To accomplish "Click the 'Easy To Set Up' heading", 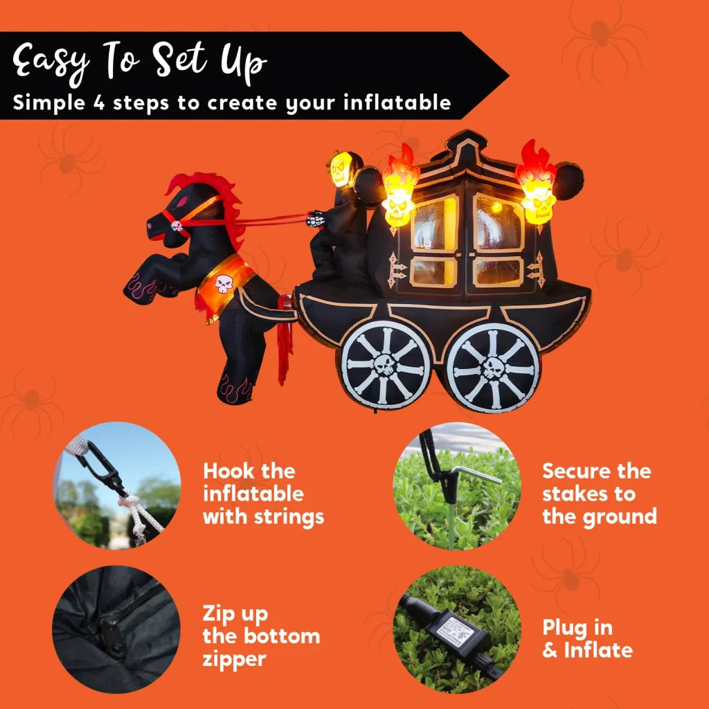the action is pos(139,62).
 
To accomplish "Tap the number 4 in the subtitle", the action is pos(99,103).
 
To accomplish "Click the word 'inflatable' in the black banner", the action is pos(397,102).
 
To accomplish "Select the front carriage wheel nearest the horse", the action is pos(385,364).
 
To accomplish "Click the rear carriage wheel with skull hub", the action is pos(493,368).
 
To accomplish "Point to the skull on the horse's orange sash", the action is pos(224,283).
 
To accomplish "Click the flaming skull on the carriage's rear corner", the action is pos(537,184).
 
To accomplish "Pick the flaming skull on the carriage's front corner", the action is pos(400,187).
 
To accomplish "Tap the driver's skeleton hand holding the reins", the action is pos(316,219).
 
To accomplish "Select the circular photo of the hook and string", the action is pos(117,485).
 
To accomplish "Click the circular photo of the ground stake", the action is pos(457,485).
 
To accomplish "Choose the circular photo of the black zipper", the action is pos(116,629).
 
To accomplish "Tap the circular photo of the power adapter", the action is pos(457,629).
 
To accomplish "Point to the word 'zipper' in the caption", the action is pos(234,660).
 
